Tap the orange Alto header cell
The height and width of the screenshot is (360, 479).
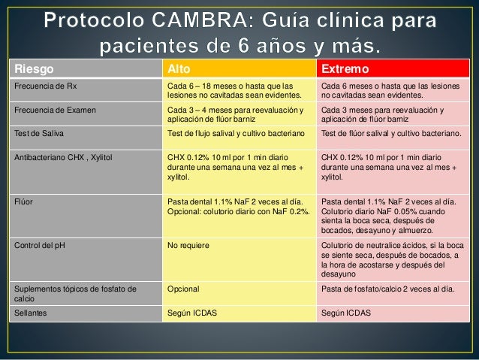179,69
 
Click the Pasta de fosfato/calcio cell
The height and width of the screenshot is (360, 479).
386,289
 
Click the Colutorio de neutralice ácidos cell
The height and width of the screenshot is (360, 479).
391,260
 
